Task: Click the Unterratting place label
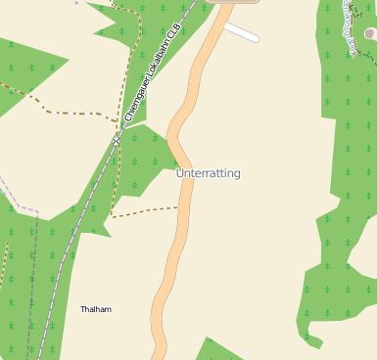pos(208,173)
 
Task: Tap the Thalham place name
pos(96,309)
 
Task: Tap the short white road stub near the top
pos(241,33)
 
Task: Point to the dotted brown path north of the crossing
pos(126,68)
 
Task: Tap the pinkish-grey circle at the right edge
pos(370,33)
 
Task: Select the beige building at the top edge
pos(235,2)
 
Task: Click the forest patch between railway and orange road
pos(142,161)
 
